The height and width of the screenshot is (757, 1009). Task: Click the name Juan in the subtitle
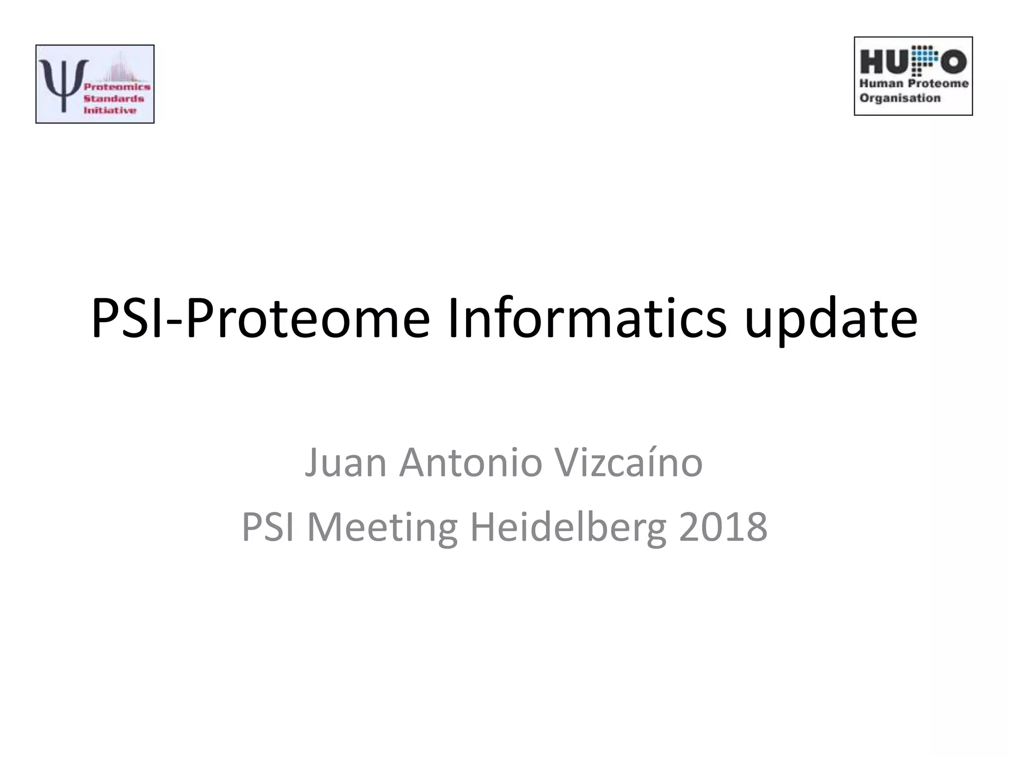345,463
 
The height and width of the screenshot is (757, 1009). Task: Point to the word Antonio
471,463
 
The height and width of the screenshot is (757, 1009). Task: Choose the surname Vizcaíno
628,463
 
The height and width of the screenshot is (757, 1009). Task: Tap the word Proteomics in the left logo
117,87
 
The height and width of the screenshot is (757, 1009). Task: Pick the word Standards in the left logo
114,99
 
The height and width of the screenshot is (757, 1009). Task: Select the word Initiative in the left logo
109,110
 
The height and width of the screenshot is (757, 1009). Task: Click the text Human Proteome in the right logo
914,84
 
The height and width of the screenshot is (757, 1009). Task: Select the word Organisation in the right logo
900,98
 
